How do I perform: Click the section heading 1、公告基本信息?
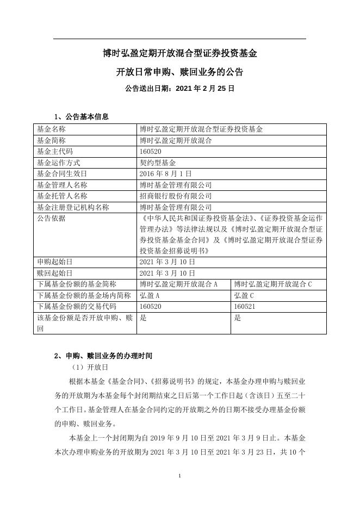81,116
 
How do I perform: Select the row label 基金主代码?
54,151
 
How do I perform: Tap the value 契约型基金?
158,162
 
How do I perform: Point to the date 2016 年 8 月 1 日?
166,173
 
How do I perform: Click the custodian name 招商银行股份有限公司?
176,196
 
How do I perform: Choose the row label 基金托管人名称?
62,196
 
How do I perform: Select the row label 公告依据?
51,218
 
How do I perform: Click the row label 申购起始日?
54,262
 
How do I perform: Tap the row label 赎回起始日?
54,273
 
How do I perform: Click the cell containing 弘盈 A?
150,295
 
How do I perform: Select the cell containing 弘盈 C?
244,295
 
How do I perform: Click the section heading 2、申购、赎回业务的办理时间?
103,356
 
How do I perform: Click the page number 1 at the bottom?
179,476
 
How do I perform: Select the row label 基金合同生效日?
62,173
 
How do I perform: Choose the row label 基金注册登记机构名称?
73,207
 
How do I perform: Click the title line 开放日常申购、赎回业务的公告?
179,72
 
